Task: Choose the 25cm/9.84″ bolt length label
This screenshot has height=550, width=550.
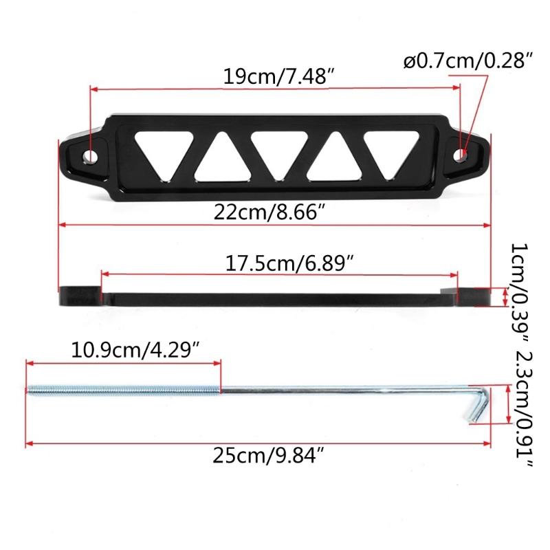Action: tap(264, 455)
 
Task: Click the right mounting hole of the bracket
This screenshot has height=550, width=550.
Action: tap(466, 155)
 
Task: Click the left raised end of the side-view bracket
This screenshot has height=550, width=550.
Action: tap(81, 296)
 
